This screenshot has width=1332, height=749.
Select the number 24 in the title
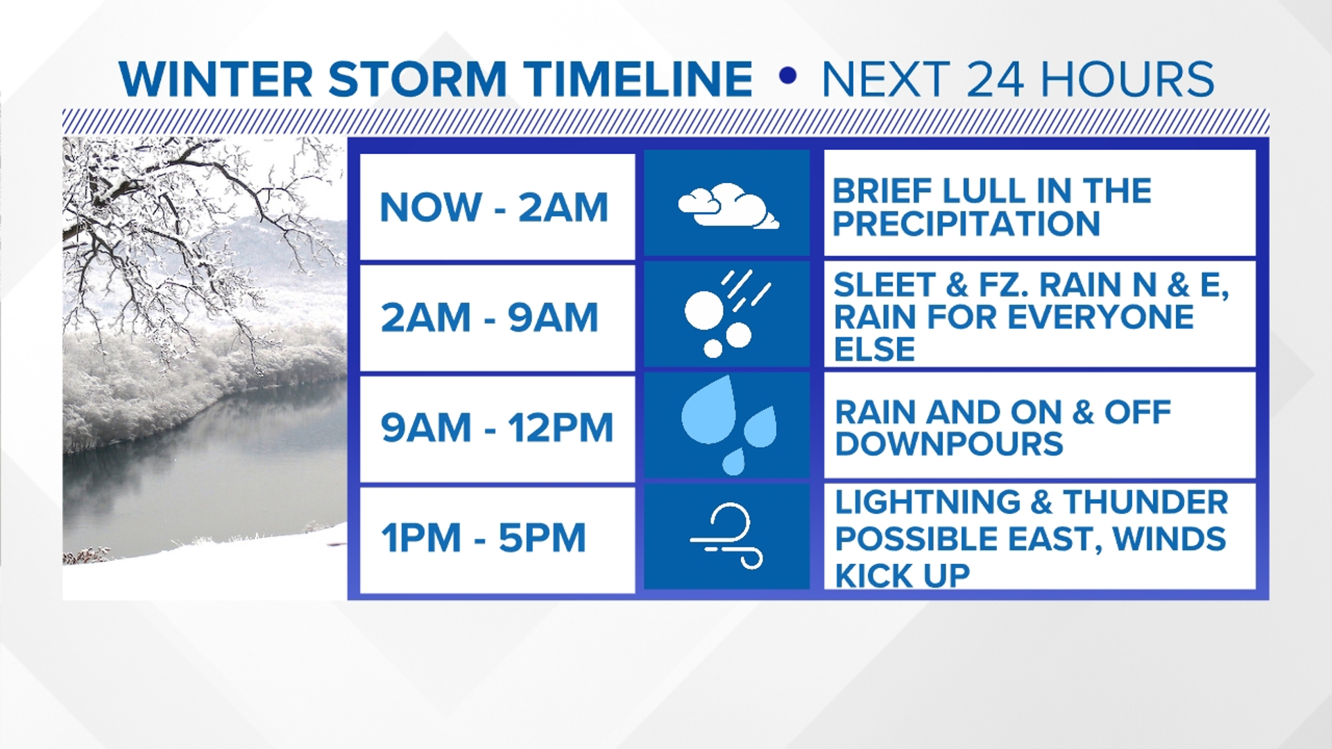point(995,79)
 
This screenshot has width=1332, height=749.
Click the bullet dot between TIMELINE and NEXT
point(787,76)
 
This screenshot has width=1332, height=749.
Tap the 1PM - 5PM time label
point(484,538)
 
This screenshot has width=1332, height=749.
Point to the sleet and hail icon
point(726,315)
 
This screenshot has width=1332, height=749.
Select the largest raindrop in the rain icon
point(709,411)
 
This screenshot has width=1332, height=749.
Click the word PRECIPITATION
point(966,224)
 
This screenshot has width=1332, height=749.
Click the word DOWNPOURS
point(948,444)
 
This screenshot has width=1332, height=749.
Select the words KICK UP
point(902,576)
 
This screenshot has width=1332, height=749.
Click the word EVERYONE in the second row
point(1100,317)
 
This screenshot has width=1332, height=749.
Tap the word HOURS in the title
point(1127,79)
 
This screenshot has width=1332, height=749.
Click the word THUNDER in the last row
point(1145,502)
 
